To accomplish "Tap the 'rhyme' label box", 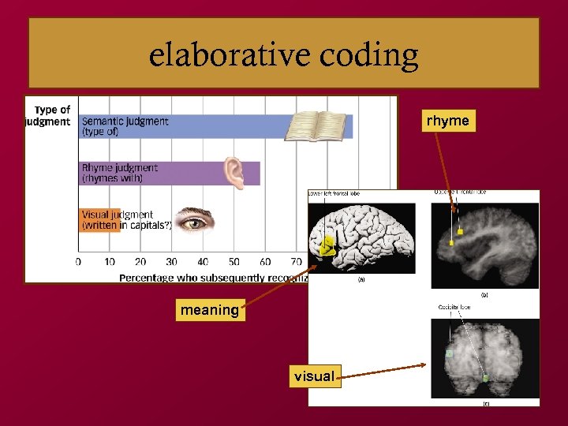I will pos(447,121).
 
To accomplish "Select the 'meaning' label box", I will pos(209,310).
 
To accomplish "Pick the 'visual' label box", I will pos(314,376).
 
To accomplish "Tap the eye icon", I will pos(193,220).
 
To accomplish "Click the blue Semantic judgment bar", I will pos(213,126).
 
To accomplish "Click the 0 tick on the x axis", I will pos(78,262).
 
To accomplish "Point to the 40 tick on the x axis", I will pos(203,262).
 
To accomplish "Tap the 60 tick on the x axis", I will pos(265,262).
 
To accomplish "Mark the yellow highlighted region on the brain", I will pos(325,249).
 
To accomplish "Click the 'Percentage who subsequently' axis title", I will pos(213,277).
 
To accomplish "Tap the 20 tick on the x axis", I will pos(140,262).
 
